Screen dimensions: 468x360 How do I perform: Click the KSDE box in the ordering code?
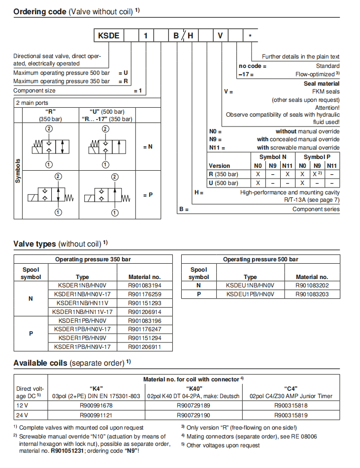click(x=108, y=35)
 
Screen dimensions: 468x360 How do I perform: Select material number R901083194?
click(x=144, y=285)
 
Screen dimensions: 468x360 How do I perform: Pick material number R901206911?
click(x=144, y=347)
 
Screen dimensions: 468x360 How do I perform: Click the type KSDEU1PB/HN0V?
click(x=250, y=294)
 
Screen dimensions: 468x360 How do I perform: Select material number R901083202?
click(x=312, y=285)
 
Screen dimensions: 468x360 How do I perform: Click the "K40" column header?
click(x=193, y=388)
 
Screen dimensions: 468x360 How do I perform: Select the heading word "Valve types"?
click(x=34, y=244)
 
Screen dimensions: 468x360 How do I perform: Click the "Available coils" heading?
click(x=41, y=363)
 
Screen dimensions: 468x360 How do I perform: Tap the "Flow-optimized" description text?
click(x=317, y=74)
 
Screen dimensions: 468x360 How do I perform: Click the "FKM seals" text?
click(x=326, y=92)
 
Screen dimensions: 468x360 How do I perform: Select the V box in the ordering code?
click(x=221, y=35)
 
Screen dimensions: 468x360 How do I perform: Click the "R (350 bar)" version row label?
click(x=224, y=174)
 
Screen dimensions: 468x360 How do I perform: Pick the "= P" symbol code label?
click(x=148, y=195)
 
